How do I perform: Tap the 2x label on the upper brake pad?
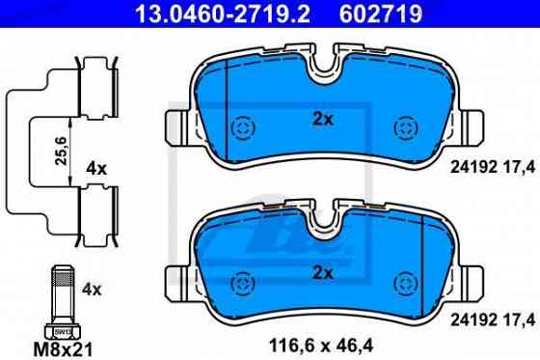322,121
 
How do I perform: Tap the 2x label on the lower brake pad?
322,273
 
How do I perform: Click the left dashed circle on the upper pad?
243,128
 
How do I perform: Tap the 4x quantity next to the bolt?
93,288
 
